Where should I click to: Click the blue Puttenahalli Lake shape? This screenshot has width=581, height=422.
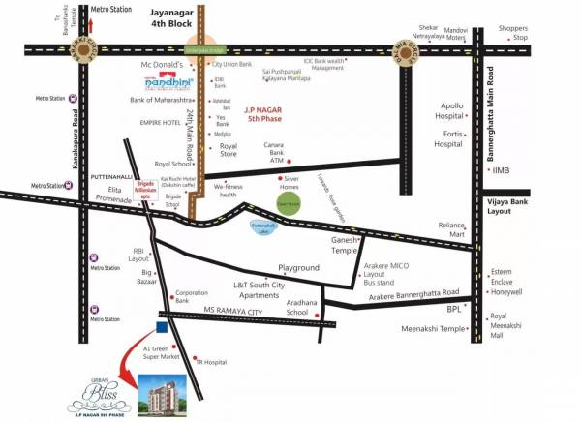(262, 228)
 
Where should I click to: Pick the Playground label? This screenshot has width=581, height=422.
(298, 267)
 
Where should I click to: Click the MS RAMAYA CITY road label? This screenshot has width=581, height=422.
(235, 310)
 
